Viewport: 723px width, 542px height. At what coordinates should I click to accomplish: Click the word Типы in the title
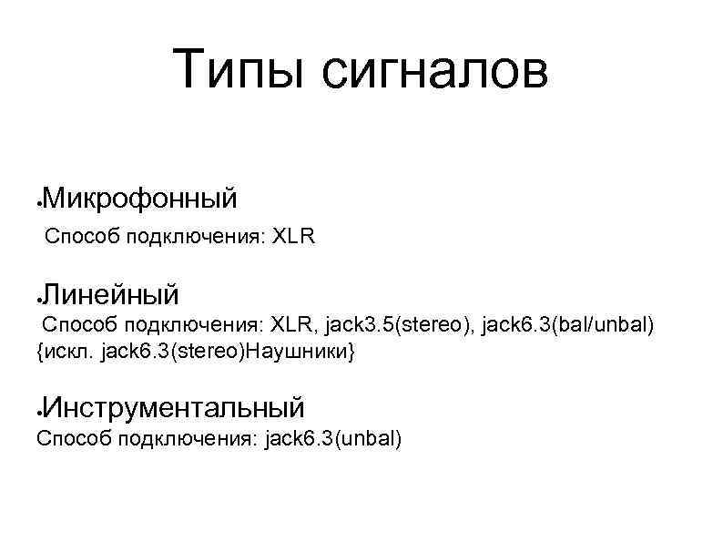point(239,71)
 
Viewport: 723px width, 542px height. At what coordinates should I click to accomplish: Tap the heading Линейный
point(111,294)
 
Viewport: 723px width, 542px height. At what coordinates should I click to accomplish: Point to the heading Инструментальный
point(174,404)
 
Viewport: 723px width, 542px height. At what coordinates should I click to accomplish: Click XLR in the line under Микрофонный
point(293,239)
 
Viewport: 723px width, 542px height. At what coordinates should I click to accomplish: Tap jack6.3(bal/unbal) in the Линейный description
point(571,323)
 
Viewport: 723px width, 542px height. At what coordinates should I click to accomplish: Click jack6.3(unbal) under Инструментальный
point(332,439)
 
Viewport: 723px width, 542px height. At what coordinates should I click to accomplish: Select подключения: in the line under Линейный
point(192,323)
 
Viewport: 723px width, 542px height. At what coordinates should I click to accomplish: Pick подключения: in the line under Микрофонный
point(196,239)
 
